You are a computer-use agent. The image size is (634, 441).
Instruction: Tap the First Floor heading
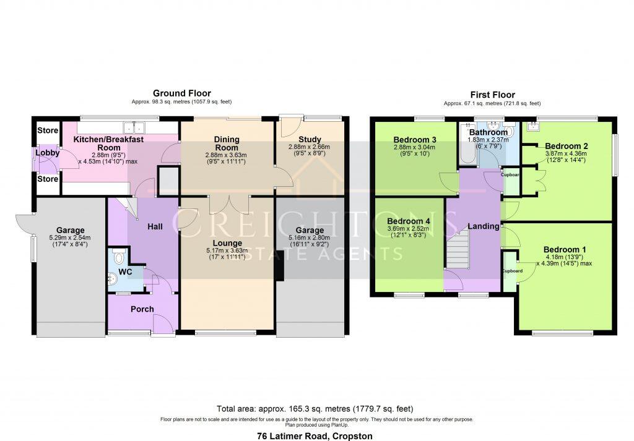(x=492, y=95)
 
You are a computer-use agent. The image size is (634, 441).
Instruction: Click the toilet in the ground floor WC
(x=119, y=258)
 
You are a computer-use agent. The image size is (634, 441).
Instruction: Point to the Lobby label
(x=47, y=153)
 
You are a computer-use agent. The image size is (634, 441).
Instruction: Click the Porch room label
(x=142, y=309)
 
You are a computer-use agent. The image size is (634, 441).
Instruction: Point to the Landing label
(x=483, y=226)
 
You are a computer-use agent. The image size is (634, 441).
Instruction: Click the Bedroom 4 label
(x=408, y=220)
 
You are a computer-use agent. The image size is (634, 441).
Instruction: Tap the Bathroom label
(x=489, y=132)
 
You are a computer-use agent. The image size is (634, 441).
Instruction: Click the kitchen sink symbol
(x=134, y=128)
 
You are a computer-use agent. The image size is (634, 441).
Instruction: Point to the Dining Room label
(x=227, y=143)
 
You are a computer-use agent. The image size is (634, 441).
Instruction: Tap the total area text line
(x=315, y=409)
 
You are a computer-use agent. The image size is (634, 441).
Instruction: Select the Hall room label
(x=155, y=227)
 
